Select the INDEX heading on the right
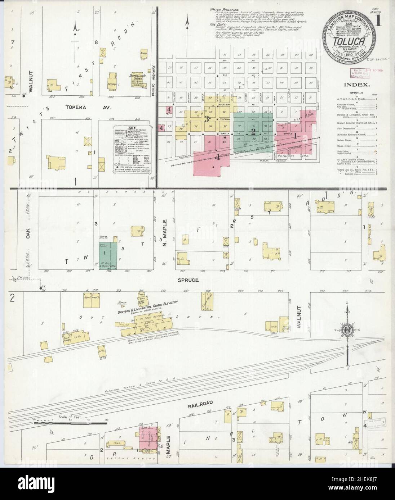point(358,85)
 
